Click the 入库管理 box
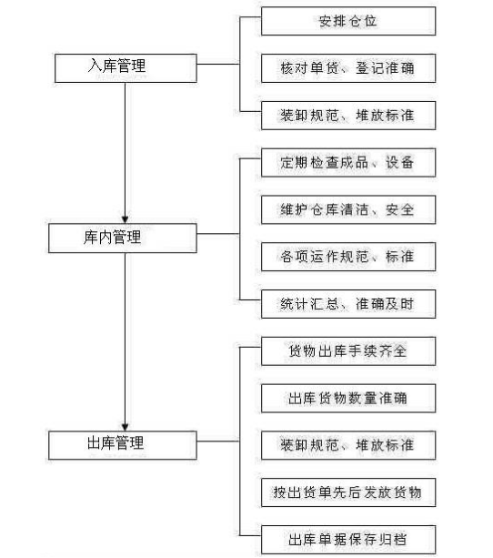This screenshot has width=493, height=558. [126, 68]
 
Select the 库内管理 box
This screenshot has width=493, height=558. [123, 238]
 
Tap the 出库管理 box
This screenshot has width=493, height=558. [123, 445]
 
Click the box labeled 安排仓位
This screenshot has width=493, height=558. [348, 21]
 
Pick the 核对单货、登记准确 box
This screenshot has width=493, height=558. [348, 68]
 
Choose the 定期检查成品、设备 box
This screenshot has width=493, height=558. [348, 163]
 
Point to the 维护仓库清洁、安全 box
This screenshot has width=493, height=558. [348, 209]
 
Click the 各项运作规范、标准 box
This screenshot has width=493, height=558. [348, 257]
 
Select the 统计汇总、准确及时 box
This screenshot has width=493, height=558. [348, 304]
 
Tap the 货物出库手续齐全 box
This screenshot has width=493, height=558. [348, 351]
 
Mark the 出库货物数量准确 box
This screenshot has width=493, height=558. [348, 398]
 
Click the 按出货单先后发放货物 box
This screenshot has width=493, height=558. [348, 492]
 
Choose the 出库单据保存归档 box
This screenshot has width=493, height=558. [348, 540]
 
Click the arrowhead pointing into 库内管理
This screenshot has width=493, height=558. [125, 218]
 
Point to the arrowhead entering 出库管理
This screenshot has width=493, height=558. [125, 426]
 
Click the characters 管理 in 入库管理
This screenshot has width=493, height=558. [131, 66]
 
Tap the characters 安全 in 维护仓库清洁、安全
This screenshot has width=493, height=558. [400, 209]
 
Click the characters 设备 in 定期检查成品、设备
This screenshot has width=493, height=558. [400, 163]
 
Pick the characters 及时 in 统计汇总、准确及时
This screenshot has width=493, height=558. [400, 304]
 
